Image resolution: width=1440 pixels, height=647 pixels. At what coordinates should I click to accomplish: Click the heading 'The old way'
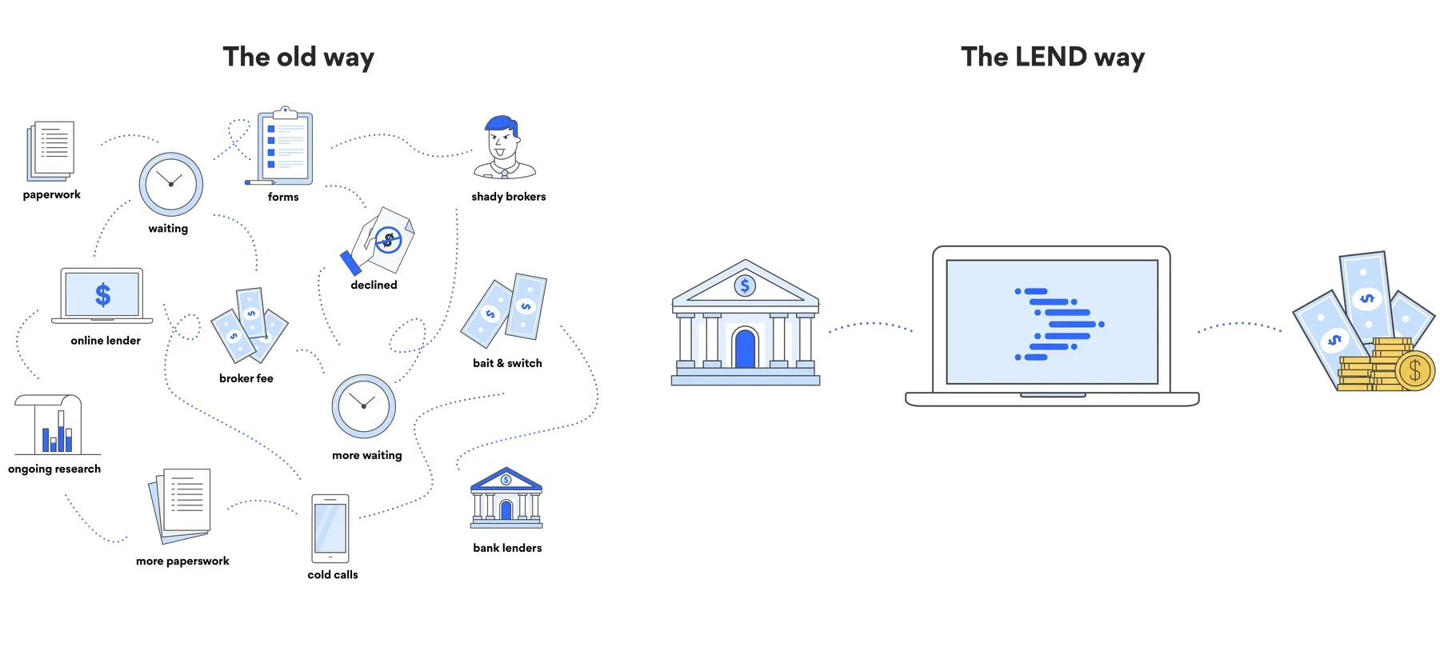coord(298,58)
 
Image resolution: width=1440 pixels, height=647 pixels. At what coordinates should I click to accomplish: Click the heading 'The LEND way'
coord(1053,58)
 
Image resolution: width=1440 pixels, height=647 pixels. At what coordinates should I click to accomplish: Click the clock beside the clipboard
coord(171,183)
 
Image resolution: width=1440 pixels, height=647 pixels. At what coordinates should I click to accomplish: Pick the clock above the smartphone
coord(364,405)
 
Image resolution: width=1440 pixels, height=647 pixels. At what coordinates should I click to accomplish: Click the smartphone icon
coord(330,527)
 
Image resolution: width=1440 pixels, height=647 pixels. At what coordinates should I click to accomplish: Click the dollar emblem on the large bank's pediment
coord(745,285)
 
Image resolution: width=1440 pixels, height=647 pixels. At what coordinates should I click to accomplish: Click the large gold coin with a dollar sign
coord(1414,370)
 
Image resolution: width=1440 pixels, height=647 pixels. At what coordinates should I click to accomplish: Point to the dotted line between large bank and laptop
coord(870,325)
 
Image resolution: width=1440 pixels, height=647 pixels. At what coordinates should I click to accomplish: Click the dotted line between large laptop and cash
coord(1240,326)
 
